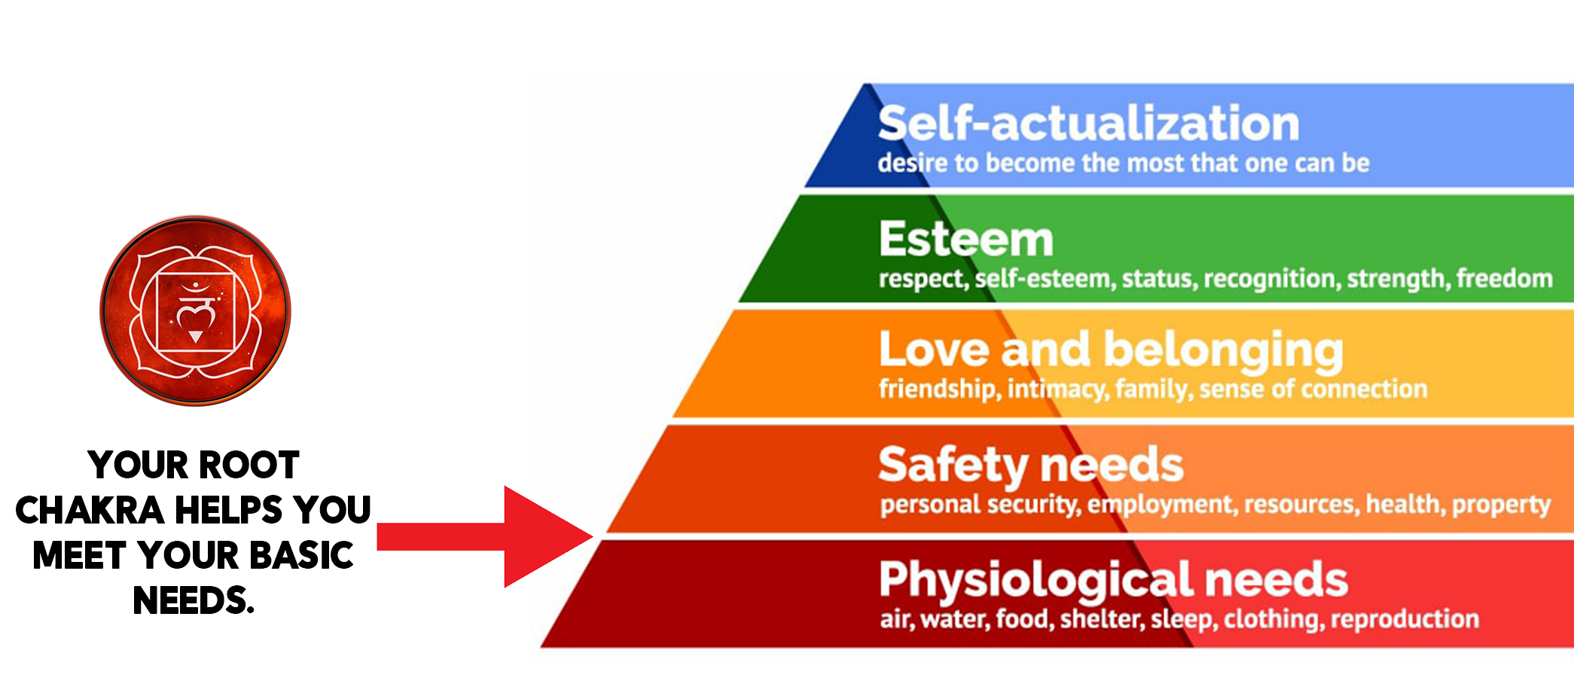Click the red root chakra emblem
tap(195, 310)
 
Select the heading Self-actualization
tap(1088, 124)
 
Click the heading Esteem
tap(966, 240)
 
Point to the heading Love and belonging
tap(1111, 350)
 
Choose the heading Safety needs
tap(1031, 465)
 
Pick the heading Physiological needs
tap(1113, 580)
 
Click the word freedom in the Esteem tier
tap(1504, 279)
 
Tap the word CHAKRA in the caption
tap(90, 511)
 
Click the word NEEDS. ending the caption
tap(194, 601)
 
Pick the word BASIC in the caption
tap(301, 556)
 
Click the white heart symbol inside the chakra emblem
tap(195, 317)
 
